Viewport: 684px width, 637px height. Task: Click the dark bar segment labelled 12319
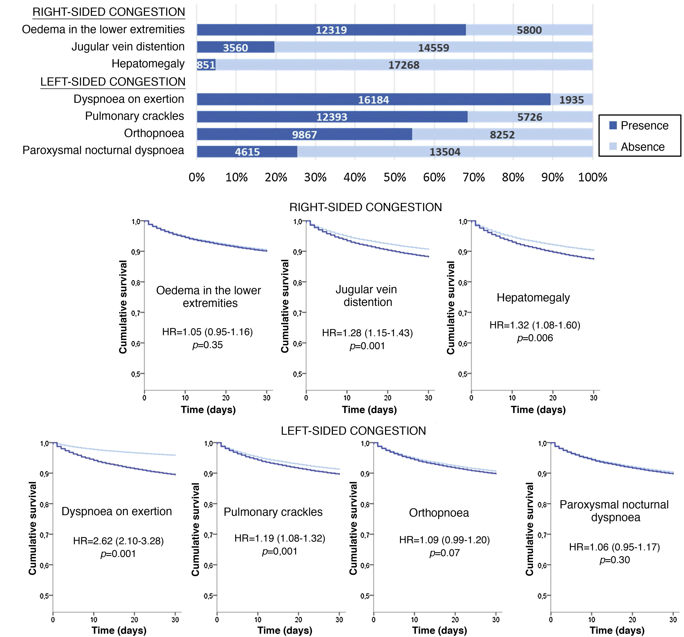(331, 30)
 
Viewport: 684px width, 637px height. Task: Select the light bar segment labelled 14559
(433, 48)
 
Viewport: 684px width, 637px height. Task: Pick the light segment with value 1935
(571, 100)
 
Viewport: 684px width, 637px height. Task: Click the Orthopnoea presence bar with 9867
(304, 134)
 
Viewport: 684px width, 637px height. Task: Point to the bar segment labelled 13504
(444, 152)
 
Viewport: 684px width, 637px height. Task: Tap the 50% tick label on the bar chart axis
(395, 178)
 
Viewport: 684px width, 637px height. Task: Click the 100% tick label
(592, 178)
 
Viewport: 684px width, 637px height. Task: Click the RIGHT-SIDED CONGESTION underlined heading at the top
(109, 12)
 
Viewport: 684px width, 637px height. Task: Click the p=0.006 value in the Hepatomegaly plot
(535, 338)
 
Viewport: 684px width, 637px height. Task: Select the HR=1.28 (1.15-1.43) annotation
(367, 333)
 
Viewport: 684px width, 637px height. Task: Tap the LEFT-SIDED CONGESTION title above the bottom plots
(353, 431)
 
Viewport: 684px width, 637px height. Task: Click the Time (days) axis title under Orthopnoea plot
(439, 630)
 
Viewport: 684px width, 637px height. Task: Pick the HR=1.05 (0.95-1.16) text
(207, 332)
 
